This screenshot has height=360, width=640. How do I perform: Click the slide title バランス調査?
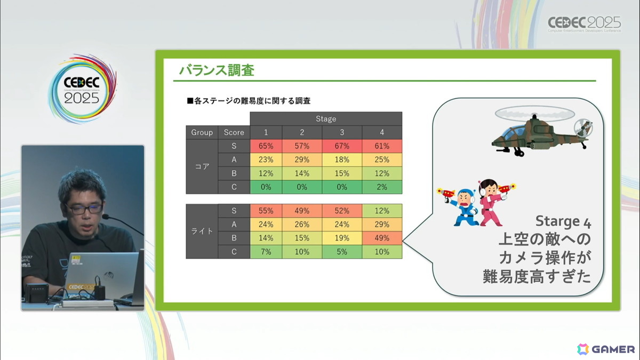coord(217,70)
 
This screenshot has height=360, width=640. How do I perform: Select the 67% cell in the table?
coord(342,146)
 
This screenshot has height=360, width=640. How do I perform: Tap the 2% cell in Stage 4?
coord(382,187)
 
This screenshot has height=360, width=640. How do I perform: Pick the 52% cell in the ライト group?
coord(342,211)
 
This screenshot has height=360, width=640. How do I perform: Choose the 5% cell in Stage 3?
coord(342,252)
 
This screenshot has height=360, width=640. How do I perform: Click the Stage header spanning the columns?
coord(325,118)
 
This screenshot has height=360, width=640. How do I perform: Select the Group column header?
coord(202,132)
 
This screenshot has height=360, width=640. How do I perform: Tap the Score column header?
coord(234,132)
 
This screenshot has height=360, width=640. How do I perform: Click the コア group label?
coord(202,166)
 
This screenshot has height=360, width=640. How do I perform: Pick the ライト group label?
coord(202,231)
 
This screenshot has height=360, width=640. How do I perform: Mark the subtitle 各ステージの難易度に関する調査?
coord(249,100)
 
